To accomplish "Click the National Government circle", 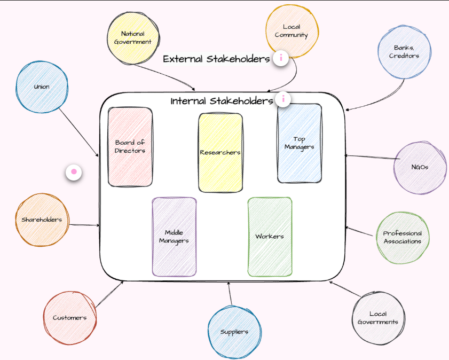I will coord(132,37).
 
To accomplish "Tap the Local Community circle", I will coord(292,31).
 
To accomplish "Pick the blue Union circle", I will coord(42,87).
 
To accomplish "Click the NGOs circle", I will coord(420,167).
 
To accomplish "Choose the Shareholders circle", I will coord(42,220).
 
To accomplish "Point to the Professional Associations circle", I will coord(402,237).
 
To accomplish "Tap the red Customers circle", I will coord(69,318).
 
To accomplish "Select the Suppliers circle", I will coord(234,332).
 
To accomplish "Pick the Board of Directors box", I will coord(130,147).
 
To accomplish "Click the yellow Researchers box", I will coord(220,152).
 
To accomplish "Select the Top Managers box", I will coord(299,143).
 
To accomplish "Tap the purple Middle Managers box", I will coord(174,237).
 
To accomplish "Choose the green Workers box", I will coord(270,237).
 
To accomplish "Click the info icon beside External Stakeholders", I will coord(281,58).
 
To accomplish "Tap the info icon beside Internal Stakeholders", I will coord(283,99).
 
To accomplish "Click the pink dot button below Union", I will coord(74,172).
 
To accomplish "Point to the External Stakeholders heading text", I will coord(216,59).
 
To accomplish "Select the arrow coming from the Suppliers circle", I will coord(230,294).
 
